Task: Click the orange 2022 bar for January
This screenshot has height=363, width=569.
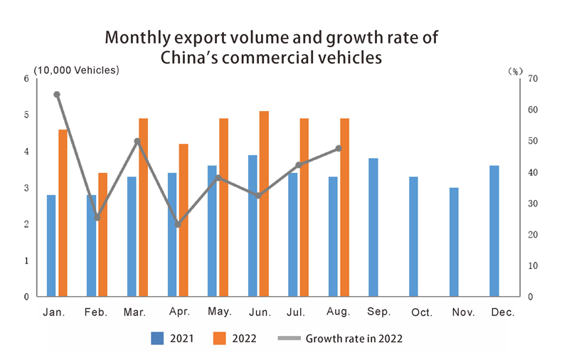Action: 63,213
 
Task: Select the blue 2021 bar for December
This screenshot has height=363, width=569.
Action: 494,231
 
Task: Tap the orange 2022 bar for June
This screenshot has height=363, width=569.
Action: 264,204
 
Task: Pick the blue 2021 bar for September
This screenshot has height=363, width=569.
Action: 373,227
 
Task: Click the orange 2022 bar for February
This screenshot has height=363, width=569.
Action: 102,234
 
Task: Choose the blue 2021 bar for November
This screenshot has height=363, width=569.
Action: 454,242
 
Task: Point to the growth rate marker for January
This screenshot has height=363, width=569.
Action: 57,94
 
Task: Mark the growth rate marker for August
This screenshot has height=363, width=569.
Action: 339,148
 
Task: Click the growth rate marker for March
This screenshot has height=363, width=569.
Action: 137,141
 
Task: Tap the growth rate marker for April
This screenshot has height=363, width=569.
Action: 177,225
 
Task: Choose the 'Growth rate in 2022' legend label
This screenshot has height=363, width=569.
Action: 353,338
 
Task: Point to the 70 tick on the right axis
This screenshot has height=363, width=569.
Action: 532,79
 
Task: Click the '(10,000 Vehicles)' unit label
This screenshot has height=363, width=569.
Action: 77,70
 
